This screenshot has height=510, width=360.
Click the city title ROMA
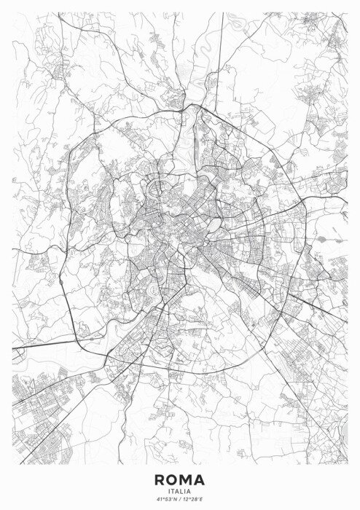(x=179, y=479)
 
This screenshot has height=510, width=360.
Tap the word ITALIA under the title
(x=179, y=490)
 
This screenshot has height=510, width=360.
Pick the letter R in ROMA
(x=160, y=479)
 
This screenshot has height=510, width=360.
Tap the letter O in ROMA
(x=172, y=479)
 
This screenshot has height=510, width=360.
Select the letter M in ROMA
(x=186, y=479)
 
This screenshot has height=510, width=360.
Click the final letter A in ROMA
(x=200, y=479)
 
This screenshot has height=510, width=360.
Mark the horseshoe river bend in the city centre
(x=154, y=191)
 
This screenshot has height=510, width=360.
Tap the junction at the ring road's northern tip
(x=191, y=106)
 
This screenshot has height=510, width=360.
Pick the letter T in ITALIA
(x=173, y=490)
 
